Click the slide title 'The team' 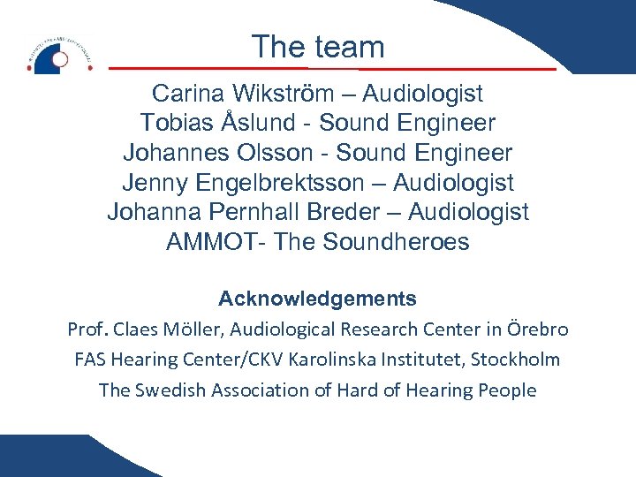[318, 47]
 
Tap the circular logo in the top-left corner [58, 56]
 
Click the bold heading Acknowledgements [318, 299]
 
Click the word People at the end [509, 390]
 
